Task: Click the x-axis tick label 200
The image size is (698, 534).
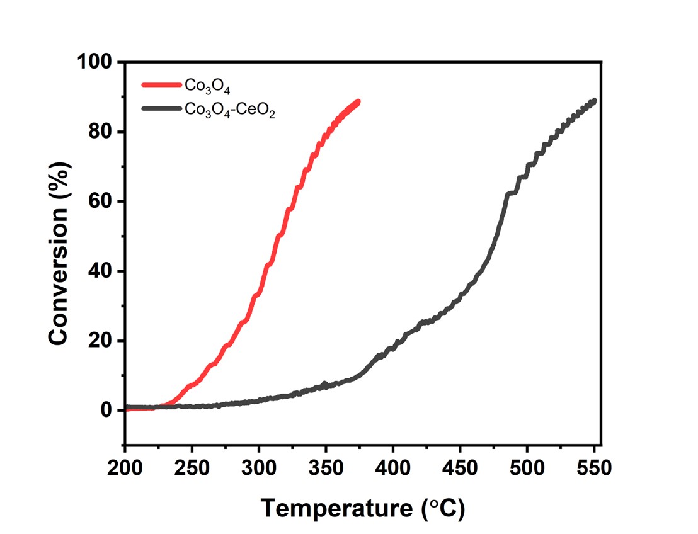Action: [125, 469]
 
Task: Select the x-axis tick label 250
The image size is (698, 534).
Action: [192, 469]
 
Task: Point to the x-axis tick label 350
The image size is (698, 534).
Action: [326, 469]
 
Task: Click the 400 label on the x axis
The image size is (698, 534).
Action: [392, 469]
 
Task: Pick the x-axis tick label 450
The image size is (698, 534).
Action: [460, 469]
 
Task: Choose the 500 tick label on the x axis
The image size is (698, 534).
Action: [527, 469]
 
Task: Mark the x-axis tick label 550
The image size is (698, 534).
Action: [593, 469]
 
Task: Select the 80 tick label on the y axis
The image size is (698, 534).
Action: [100, 132]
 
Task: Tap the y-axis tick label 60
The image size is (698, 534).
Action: [100, 202]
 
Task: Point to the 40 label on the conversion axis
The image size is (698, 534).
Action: [100, 271]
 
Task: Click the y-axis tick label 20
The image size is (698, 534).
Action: [100, 341]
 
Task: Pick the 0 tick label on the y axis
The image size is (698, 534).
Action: [106, 411]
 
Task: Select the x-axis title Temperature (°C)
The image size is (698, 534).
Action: [363, 507]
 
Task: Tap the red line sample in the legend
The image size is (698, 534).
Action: [161, 84]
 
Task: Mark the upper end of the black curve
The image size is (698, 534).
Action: [593, 101]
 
